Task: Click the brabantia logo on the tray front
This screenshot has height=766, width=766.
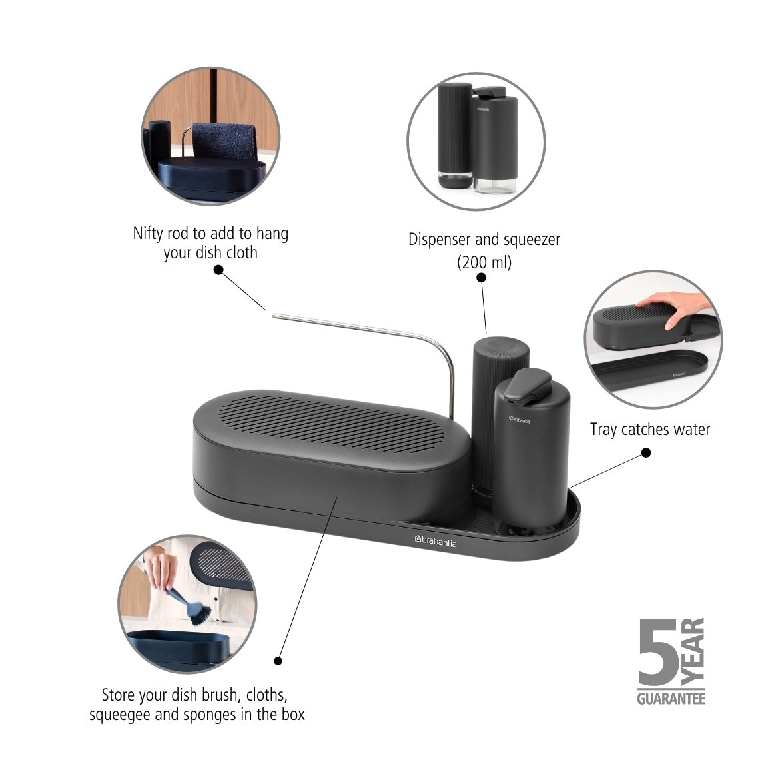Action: [x=435, y=542]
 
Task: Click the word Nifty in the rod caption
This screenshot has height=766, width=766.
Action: [x=147, y=234]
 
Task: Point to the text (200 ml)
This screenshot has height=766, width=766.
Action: [x=484, y=262]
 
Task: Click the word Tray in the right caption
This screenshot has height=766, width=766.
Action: [x=604, y=429]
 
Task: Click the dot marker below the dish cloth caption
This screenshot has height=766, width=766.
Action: [x=218, y=270]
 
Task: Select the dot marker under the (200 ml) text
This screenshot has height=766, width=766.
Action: [x=481, y=278]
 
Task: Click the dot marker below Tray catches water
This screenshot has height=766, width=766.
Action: [x=646, y=453]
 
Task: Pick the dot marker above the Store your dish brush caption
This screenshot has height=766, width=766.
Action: [x=278, y=661]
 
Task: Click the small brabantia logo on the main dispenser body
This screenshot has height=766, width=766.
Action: [x=519, y=420]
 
